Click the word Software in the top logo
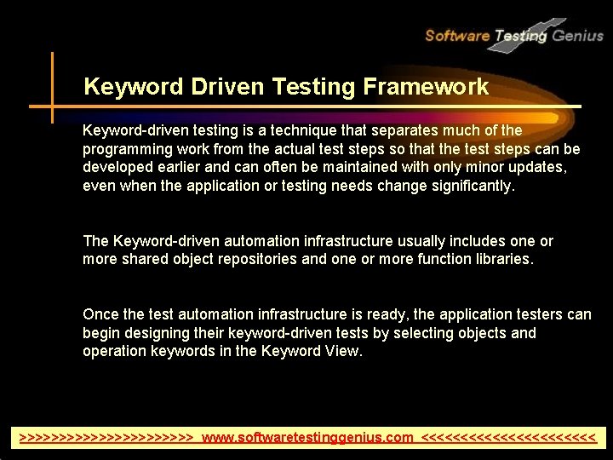click(x=457, y=35)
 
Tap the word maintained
click(x=337, y=167)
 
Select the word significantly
click(x=467, y=186)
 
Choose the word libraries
click(x=502, y=259)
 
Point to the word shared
click(x=146, y=259)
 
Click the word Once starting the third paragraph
click(x=100, y=314)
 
